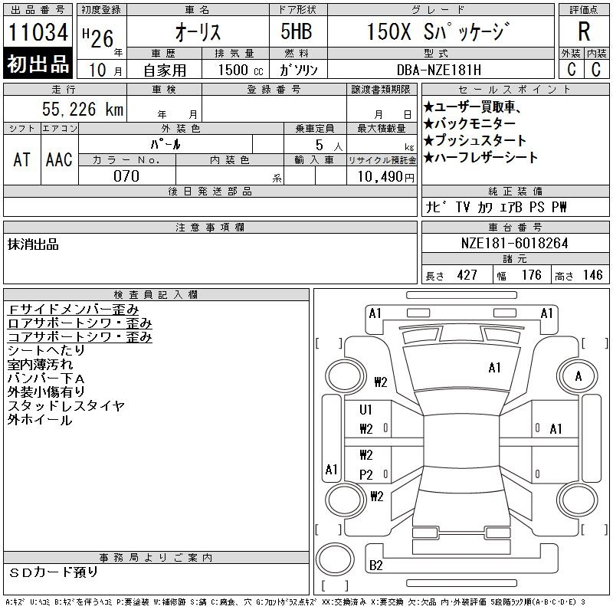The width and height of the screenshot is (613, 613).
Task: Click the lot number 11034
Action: click(38, 31)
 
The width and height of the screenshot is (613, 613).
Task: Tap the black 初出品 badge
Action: click(38, 63)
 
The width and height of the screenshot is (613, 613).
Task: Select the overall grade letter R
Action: click(584, 31)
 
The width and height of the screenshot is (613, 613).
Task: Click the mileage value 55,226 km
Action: click(83, 109)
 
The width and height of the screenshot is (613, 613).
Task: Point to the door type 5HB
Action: click(297, 31)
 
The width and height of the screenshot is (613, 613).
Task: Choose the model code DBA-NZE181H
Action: click(439, 70)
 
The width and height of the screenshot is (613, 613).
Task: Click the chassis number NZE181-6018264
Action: click(514, 243)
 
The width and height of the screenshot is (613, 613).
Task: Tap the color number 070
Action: click(126, 176)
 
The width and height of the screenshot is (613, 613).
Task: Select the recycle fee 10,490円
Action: click(386, 176)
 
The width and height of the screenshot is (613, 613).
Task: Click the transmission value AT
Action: click(22, 159)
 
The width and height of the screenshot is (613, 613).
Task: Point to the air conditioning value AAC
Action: click(59, 159)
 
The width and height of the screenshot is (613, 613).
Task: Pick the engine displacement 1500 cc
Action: click(241, 70)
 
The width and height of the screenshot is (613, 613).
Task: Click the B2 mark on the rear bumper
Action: click(375, 565)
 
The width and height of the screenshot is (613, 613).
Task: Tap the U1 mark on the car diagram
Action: click(366, 410)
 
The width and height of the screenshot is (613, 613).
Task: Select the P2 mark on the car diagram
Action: click(366, 474)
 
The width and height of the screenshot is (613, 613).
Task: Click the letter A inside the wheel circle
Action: click(579, 376)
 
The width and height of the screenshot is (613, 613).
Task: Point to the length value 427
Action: click(467, 275)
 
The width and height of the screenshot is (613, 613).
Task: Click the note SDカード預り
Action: click(53, 572)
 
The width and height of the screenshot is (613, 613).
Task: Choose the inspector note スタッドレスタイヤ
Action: click(66, 405)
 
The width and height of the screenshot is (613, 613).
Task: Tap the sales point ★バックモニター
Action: click(470, 123)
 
